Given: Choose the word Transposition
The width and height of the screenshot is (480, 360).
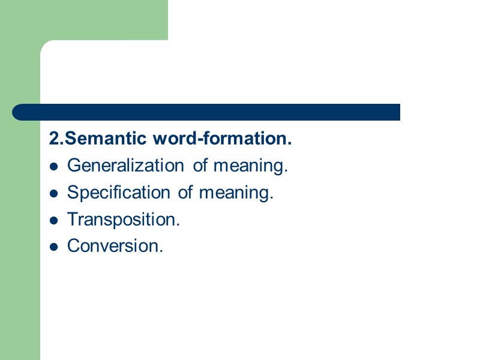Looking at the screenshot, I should point(123,219).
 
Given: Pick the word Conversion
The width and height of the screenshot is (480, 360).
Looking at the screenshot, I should point(114,245).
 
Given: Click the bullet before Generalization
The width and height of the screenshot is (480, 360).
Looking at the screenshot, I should point(54,167).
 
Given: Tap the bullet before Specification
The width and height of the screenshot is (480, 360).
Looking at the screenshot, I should point(54,193).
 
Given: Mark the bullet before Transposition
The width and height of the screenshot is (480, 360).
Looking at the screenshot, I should point(54,220).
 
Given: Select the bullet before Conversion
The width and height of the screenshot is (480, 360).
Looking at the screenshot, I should point(54,246).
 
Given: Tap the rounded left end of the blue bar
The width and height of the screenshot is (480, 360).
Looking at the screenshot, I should point(18,112).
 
